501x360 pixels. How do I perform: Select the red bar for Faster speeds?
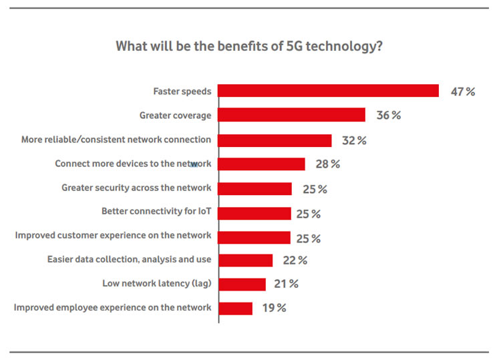click(x=328, y=91)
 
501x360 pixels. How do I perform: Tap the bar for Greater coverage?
click(x=292, y=116)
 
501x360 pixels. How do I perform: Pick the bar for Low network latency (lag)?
click(x=242, y=284)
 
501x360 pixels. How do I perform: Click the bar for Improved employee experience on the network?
click(x=236, y=308)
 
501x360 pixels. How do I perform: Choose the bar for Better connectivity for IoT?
click(x=255, y=214)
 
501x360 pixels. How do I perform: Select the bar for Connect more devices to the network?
click(x=262, y=164)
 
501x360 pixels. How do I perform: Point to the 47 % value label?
click(x=462, y=92)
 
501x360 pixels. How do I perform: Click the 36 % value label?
click(x=388, y=116)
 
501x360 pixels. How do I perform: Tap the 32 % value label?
click(x=354, y=140)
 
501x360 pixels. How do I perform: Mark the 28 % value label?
click(x=327, y=164)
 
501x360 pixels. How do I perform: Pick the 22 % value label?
click(x=295, y=260)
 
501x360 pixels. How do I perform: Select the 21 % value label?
click(x=286, y=284)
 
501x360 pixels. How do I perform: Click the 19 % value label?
click(x=273, y=308)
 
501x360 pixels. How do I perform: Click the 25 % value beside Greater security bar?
click(x=315, y=190)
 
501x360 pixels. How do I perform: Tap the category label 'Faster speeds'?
click(x=182, y=92)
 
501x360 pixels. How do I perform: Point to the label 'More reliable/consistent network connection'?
click(x=116, y=140)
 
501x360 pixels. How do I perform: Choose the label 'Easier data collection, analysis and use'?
click(x=129, y=259)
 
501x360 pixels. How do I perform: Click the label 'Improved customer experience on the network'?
click(x=113, y=235)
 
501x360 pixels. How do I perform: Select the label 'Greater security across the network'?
click(x=136, y=188)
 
